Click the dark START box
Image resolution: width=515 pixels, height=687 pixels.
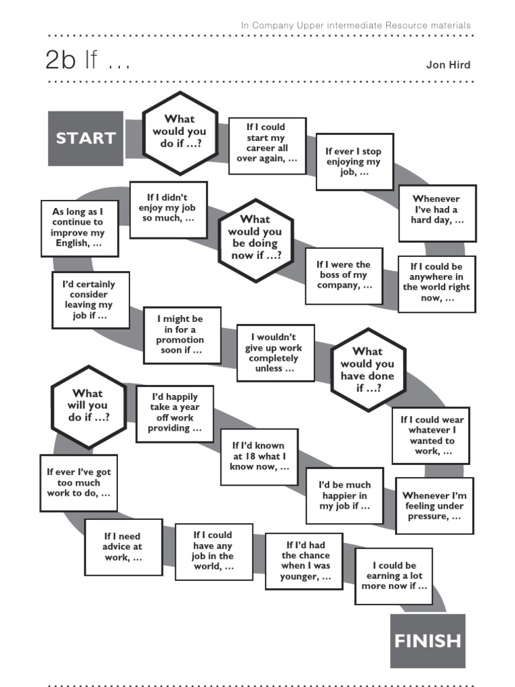coord(85,138)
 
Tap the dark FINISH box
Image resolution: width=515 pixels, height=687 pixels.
coord(427,641)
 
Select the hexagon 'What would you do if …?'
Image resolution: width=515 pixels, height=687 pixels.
coord(179,132)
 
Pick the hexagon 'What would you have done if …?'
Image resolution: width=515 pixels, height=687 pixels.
coord(367,370)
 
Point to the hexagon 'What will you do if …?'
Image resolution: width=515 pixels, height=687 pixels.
coord(89,405)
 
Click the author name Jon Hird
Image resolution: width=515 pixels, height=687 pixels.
coord(448,65)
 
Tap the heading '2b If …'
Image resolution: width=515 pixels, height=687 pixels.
coord(87,62)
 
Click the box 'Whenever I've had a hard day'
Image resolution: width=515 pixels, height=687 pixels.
coord(437,210)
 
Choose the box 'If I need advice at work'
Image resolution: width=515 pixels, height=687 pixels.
coord(123,547)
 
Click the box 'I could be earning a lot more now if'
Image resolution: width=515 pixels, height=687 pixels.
coord(394,576)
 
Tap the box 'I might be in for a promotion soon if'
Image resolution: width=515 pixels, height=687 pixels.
coord(181,335)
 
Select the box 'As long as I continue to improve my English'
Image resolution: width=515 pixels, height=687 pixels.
coord(79,227)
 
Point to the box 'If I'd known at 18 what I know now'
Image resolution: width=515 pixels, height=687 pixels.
coord(258,456)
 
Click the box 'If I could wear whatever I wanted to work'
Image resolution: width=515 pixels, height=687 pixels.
coord(432,436)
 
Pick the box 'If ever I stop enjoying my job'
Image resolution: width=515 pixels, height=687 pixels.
coord(354,162)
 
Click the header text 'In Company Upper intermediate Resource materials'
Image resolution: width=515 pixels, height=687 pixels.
coord(355,25)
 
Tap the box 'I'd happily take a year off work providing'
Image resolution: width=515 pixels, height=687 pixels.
coord(174,413)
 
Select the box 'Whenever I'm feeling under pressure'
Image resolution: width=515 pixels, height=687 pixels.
coord(434,506)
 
